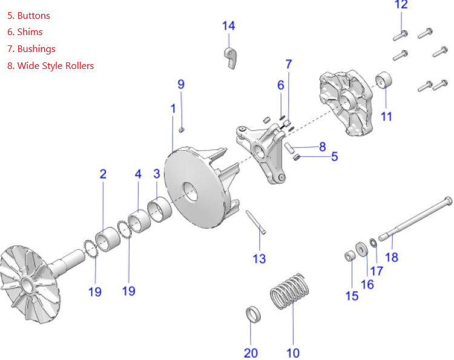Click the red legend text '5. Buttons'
(x=28, y=16)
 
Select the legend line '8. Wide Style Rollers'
(x=51, y=65)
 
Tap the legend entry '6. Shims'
(x=25, y=32)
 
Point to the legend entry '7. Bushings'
(x=31, y=49)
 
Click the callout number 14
(x=228, y=26)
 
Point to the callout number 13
(x=259, y=259)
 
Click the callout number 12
(x=401, y=5)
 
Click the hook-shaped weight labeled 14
(x=230, y=57)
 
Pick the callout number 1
(x=173, y=109)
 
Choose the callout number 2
(x=103, y=174)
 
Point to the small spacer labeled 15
(x=349, y=257)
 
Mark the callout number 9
(x=181, y=85)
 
